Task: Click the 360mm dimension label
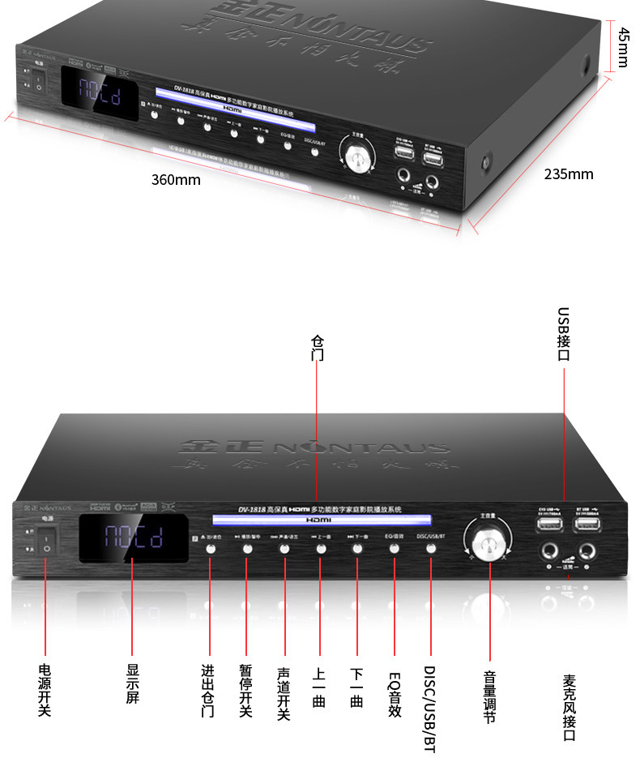[x=176, y=180]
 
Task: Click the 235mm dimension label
[x=568, y=174]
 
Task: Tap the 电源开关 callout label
[x=45, y=689]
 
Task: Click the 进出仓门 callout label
[x=208, y=691]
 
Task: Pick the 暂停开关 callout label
[x=246, y=691]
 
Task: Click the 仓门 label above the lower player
[x=318, y=349]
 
